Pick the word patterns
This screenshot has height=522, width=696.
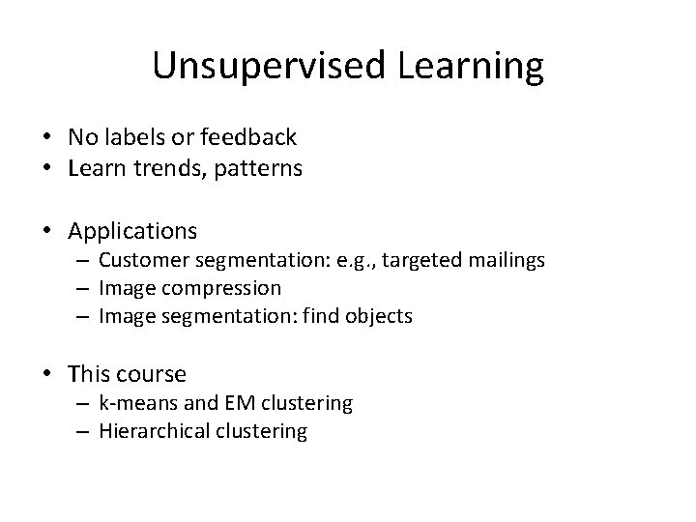[x=262, y=169]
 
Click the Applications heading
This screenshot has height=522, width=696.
[x=132, y=232]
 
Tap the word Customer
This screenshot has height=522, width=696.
[x=142, y=260]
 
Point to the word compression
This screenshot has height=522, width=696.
[x=220, y=288]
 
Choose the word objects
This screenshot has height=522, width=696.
[x=378, y=316]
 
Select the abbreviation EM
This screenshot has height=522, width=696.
[x=230, y=402]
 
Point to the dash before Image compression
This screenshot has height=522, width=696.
[x=85, y=288]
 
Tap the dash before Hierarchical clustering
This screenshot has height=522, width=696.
[x=85, y=431]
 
